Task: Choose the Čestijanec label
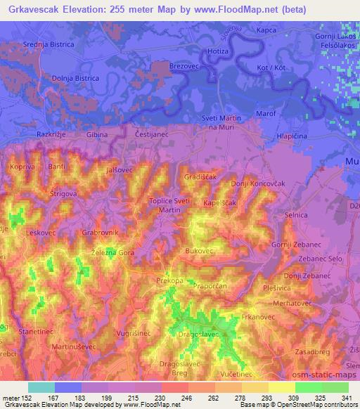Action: [149, 133]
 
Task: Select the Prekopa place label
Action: [169, 280]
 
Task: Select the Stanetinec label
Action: [37, 329]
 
